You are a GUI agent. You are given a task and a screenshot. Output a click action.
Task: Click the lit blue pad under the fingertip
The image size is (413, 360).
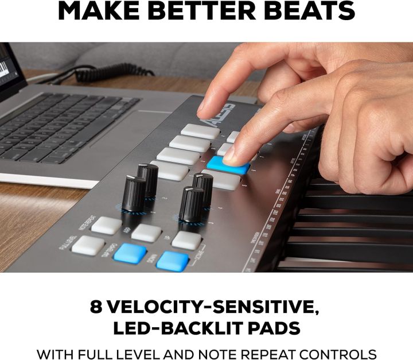(x=228, y=166)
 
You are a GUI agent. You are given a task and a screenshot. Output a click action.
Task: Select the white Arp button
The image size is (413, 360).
(x=146, y=233)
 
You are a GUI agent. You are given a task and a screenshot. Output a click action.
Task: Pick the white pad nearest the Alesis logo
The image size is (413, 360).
(x=200, y=131)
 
